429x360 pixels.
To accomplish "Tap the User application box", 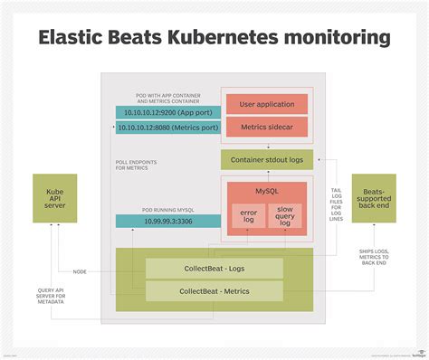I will [x=266, y=105].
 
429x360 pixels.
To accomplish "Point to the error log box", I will [x=248, y=216].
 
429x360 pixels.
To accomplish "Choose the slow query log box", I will [x=286, y=216].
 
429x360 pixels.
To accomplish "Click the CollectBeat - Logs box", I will [x=214, y=268].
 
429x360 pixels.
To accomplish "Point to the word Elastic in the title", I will [x=78, y=38].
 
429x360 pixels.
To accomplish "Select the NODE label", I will [x=81, y=271].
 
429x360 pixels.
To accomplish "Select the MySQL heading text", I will [x=267, y=192].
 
